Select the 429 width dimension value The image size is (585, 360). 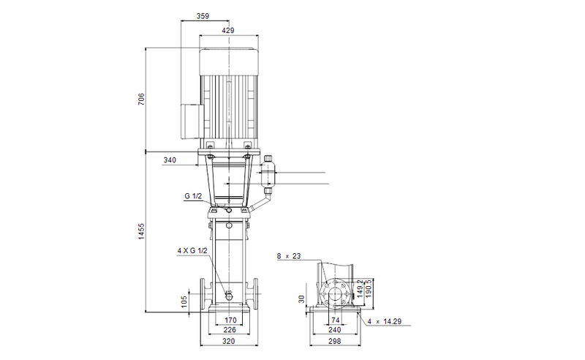(229, 31)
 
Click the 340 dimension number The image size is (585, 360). (170, 160)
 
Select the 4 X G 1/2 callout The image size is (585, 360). (193, 251)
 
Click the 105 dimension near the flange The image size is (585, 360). (184, 301)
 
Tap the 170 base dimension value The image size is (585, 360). (230, 320)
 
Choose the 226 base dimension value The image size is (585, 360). (230, 331)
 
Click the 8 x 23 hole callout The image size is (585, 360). (290, 257)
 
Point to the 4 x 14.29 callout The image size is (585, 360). (387, 320)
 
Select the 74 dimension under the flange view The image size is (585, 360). (336, 320)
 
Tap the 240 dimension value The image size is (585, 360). (336, 331)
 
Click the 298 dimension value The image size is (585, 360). (336, 341)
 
